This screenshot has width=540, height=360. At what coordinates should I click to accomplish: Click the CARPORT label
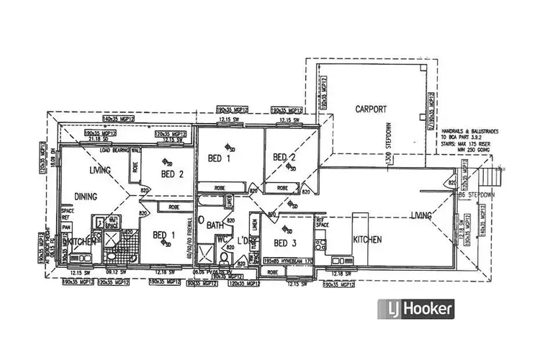point(371,109)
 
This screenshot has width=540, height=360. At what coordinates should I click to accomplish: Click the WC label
point(222,238)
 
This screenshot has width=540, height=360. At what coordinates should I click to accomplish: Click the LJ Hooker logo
point(417,310)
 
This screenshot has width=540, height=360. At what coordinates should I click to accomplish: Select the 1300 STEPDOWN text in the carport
point(390,144)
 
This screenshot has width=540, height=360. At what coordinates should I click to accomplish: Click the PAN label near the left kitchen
point(66,226)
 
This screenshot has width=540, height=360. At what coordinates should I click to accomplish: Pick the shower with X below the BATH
point(207,253)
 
